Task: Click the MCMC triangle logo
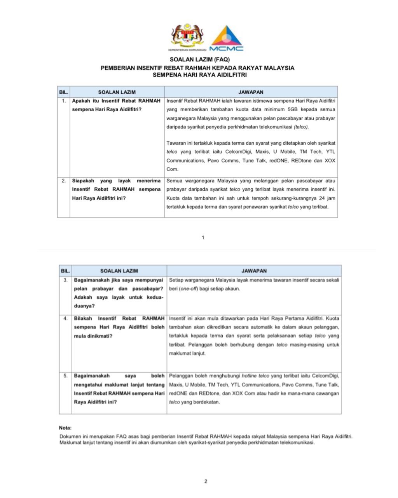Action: tap(226, 38)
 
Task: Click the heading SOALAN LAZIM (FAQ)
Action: tap(199, 60)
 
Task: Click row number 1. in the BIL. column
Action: tap(64, 101)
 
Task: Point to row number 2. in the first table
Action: tap(64, 181)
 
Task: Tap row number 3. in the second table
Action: tap(66, 280)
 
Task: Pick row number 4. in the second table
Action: tap(66, 318)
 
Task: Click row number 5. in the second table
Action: tap(66, 376)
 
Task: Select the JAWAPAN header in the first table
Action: tap(251, 92)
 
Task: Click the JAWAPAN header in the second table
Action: tap(254, 271)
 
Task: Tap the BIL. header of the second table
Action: tap(66, 271)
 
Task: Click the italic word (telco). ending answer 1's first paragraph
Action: tap(301, 127)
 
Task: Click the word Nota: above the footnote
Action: tap(65, 428)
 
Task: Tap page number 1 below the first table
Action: tap(203, 237)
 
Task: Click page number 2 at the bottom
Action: tap(206, 481)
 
